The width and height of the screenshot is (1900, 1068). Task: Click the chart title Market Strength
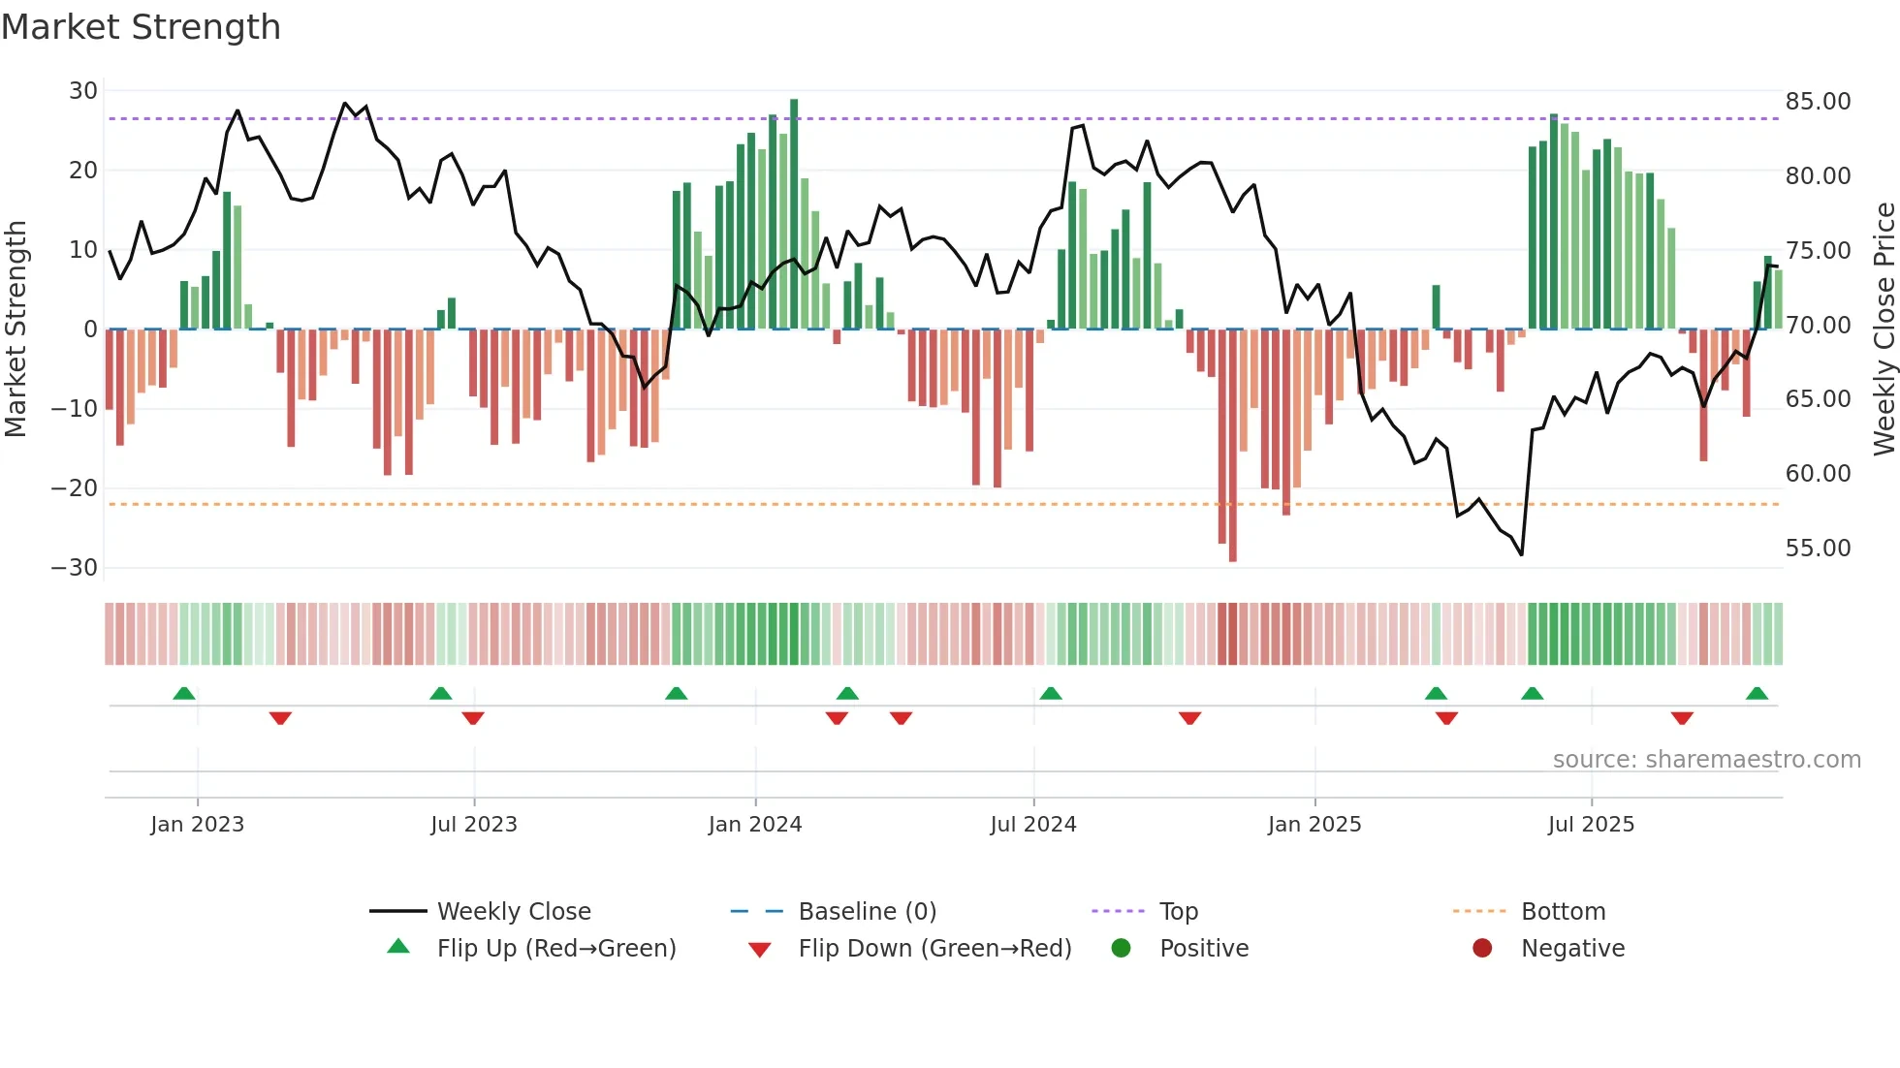141,27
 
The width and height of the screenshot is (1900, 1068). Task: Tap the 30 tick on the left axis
83,91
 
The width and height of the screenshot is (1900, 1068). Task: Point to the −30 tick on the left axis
75,568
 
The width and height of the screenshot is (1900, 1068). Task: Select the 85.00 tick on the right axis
1818,102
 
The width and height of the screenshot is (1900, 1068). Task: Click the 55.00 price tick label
1818,549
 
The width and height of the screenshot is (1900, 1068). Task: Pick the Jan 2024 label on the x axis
755,825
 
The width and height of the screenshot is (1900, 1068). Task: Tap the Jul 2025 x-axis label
1591,825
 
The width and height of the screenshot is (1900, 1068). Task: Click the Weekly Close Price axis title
1884,330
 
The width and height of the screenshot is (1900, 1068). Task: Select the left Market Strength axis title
16,330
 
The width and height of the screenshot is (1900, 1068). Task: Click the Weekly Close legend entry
513,912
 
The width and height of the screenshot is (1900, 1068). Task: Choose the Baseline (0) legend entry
867,912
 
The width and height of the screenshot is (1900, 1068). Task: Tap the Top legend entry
1178,912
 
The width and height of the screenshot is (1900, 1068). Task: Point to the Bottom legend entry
1563,912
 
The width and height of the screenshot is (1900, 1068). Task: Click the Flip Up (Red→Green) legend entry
555,949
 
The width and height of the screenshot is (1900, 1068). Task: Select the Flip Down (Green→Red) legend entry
934,949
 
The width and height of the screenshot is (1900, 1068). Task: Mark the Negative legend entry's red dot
1482,949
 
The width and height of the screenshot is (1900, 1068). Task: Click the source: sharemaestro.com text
1706,760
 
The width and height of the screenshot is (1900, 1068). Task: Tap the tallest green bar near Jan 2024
794,213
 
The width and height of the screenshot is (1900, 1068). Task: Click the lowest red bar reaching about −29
1232,446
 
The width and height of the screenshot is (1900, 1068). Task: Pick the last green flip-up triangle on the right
1757,694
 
